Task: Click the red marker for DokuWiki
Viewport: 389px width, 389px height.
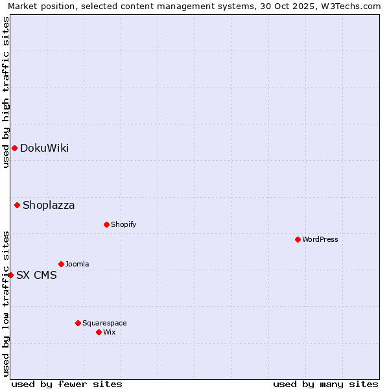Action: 14,148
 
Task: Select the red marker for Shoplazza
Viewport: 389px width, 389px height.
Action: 18,206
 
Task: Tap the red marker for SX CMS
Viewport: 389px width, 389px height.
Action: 10,275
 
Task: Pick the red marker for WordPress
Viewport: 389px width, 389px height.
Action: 298,239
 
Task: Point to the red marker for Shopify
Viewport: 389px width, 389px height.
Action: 106,224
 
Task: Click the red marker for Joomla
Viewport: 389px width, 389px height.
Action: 61,264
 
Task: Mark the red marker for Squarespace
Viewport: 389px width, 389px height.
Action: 78,323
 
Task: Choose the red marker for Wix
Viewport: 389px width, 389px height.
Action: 99,332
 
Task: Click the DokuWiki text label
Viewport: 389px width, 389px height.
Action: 44,148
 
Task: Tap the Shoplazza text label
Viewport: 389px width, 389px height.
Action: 49,206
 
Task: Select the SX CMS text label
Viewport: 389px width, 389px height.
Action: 36,275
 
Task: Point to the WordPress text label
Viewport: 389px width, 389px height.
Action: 320,239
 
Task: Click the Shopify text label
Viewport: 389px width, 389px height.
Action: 123,224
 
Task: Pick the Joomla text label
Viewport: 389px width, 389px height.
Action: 77,264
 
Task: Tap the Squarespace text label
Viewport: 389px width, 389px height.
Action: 104,323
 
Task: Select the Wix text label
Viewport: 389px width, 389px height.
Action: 110,332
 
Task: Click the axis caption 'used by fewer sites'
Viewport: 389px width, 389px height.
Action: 67,384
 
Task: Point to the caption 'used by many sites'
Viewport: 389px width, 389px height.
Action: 325,384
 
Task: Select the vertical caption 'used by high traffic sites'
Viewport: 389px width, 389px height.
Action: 6,92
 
